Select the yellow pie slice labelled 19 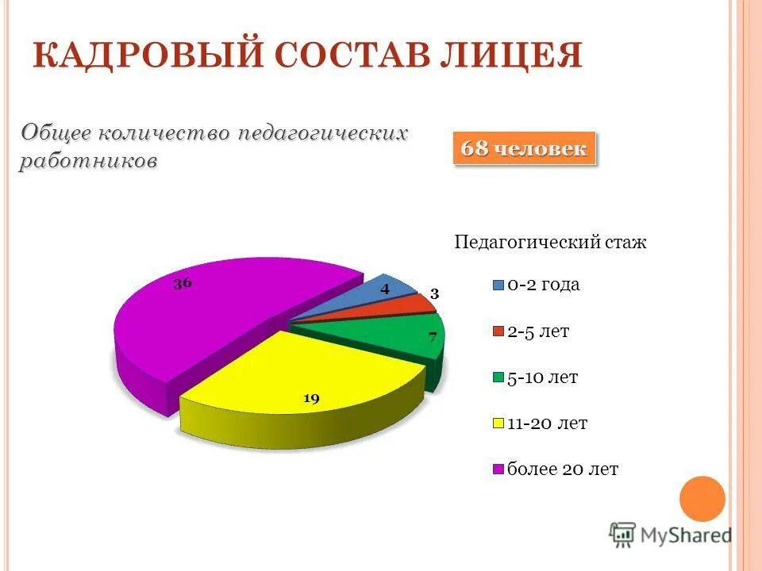coord(310,373)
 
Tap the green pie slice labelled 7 coord(397,337)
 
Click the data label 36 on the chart coord(183,283)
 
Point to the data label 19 coord(311,399)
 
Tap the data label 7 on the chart coord(433,337)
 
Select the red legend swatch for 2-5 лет coord(498,331)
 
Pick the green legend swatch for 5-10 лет coord(498,377)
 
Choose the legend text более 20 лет coord(563,469)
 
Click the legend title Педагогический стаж coord(550,243)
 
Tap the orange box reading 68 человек coord(524,149)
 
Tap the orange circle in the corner coord(702,499)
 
